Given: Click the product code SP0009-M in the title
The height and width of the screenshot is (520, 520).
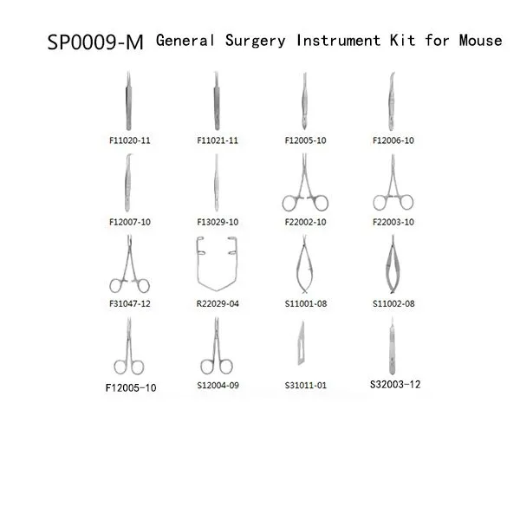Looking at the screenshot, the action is [95, 42].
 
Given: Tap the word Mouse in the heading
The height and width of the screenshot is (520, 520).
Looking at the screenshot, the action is [480, 41].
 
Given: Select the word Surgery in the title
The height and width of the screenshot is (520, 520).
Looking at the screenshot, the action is [256, 41].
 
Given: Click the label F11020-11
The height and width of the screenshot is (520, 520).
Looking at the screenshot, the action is [130, 140].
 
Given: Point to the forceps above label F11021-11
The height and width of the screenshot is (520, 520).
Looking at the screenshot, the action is [217, 101].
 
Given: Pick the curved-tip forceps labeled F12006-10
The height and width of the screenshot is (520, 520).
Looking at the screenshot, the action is [392, 101].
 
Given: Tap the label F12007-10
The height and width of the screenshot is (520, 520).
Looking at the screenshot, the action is [130, 222].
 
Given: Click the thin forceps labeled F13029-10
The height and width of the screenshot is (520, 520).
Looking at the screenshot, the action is [217, 182].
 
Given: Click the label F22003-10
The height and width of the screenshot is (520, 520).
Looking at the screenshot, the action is [393, 222].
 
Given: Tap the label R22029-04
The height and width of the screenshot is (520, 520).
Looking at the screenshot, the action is [218, 303].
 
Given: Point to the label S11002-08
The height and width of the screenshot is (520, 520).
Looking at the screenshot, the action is [393, 303].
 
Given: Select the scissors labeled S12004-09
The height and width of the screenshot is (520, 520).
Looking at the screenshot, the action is [217, 348].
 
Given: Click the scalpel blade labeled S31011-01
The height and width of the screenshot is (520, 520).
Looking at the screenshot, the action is [301, 343].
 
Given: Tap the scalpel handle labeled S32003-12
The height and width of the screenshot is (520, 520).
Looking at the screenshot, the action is [393, 347].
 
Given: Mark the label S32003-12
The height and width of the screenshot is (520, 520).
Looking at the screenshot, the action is [395, 384].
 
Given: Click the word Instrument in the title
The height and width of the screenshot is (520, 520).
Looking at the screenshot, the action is [338, 41].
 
